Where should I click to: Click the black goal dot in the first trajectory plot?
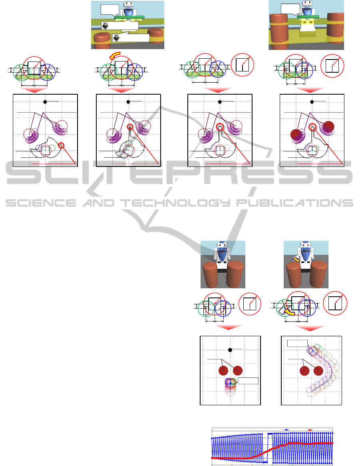tap(45, 102)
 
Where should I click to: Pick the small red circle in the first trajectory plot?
tap(61, 145)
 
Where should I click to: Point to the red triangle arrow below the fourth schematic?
tap(310, 89)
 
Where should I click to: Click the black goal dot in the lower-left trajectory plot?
tap(230, 350)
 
